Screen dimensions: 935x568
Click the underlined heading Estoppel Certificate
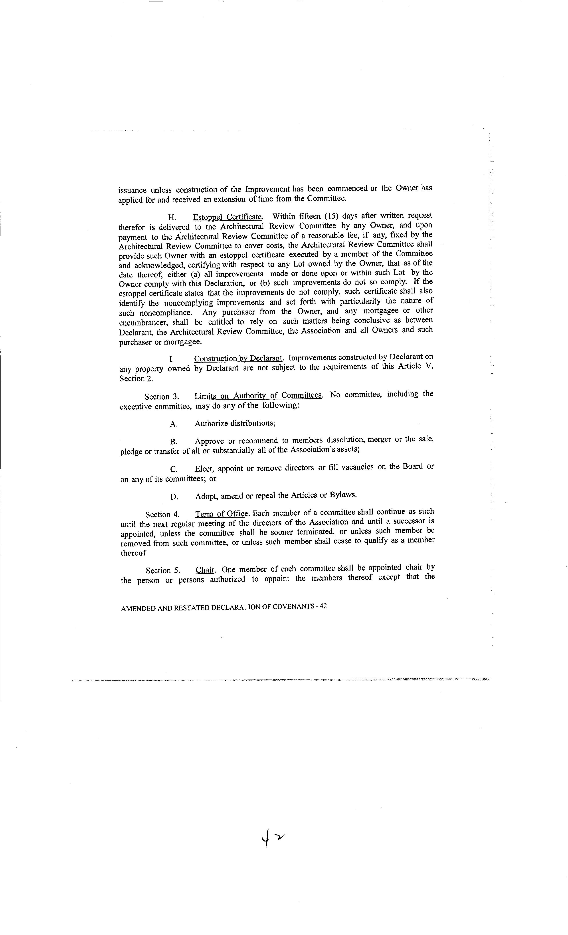tap(227, 217)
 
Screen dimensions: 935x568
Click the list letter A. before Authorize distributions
tap(174, 424)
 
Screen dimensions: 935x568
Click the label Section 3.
tap(162, 397)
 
